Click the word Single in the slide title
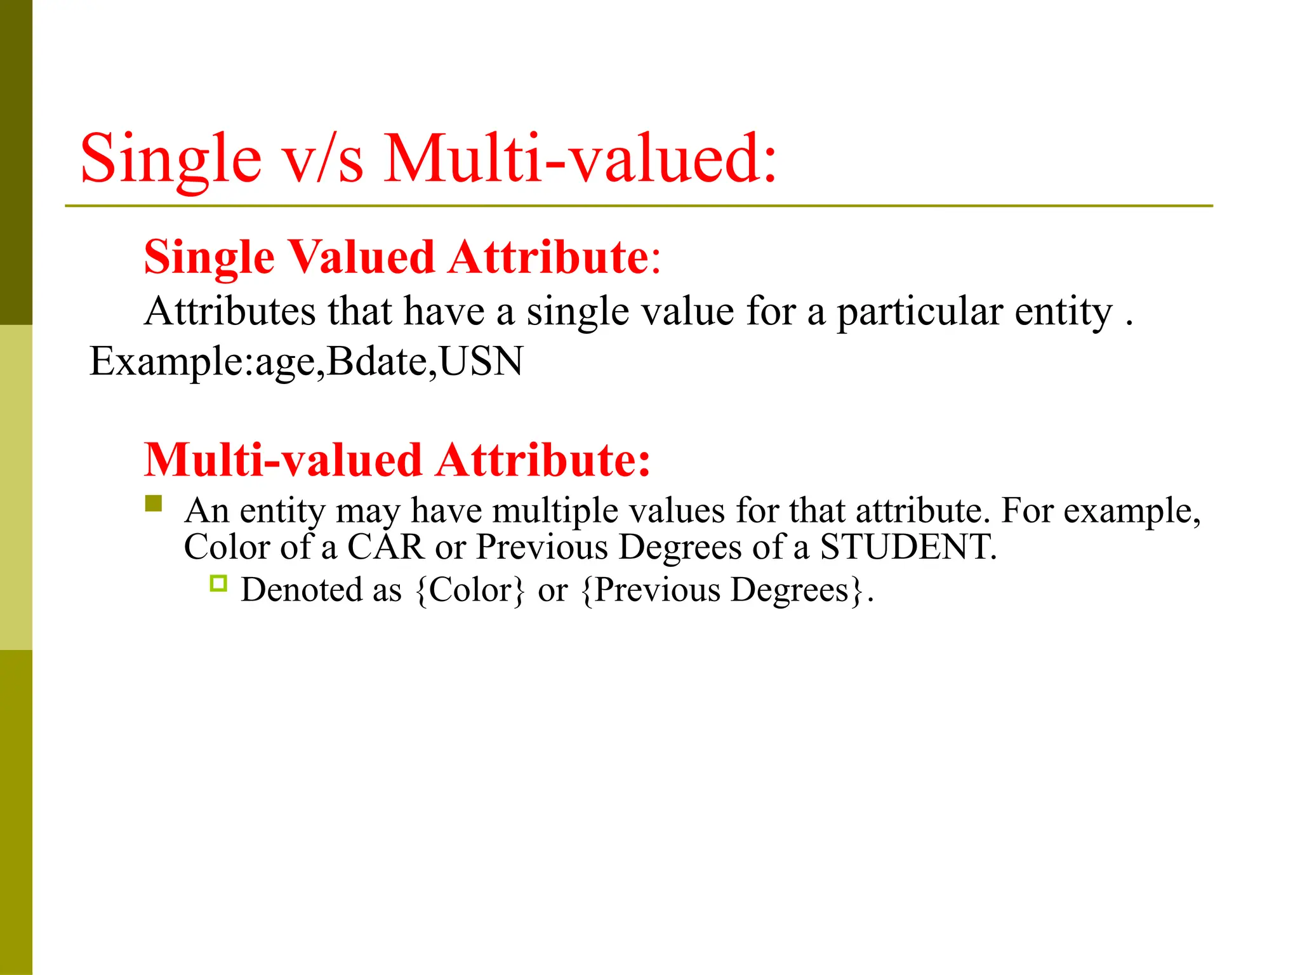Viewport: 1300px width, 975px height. coord(171,159)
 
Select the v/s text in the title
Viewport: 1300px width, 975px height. coord(323,159)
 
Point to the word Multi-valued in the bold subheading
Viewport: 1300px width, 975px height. coord(283,460)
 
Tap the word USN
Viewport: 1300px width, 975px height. coord(481,361)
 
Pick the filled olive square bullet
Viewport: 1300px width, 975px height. coord(154,503)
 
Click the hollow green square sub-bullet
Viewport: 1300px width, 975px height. coord(218,583)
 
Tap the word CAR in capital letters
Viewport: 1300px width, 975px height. coord(385,547)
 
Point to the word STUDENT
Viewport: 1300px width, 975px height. coord(906,547)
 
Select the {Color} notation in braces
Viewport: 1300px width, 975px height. coord(470,590)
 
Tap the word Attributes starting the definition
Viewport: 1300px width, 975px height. coord(230,312)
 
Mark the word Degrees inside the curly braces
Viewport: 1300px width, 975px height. coord(790,590)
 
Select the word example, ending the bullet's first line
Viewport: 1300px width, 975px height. coord(1132,510)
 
